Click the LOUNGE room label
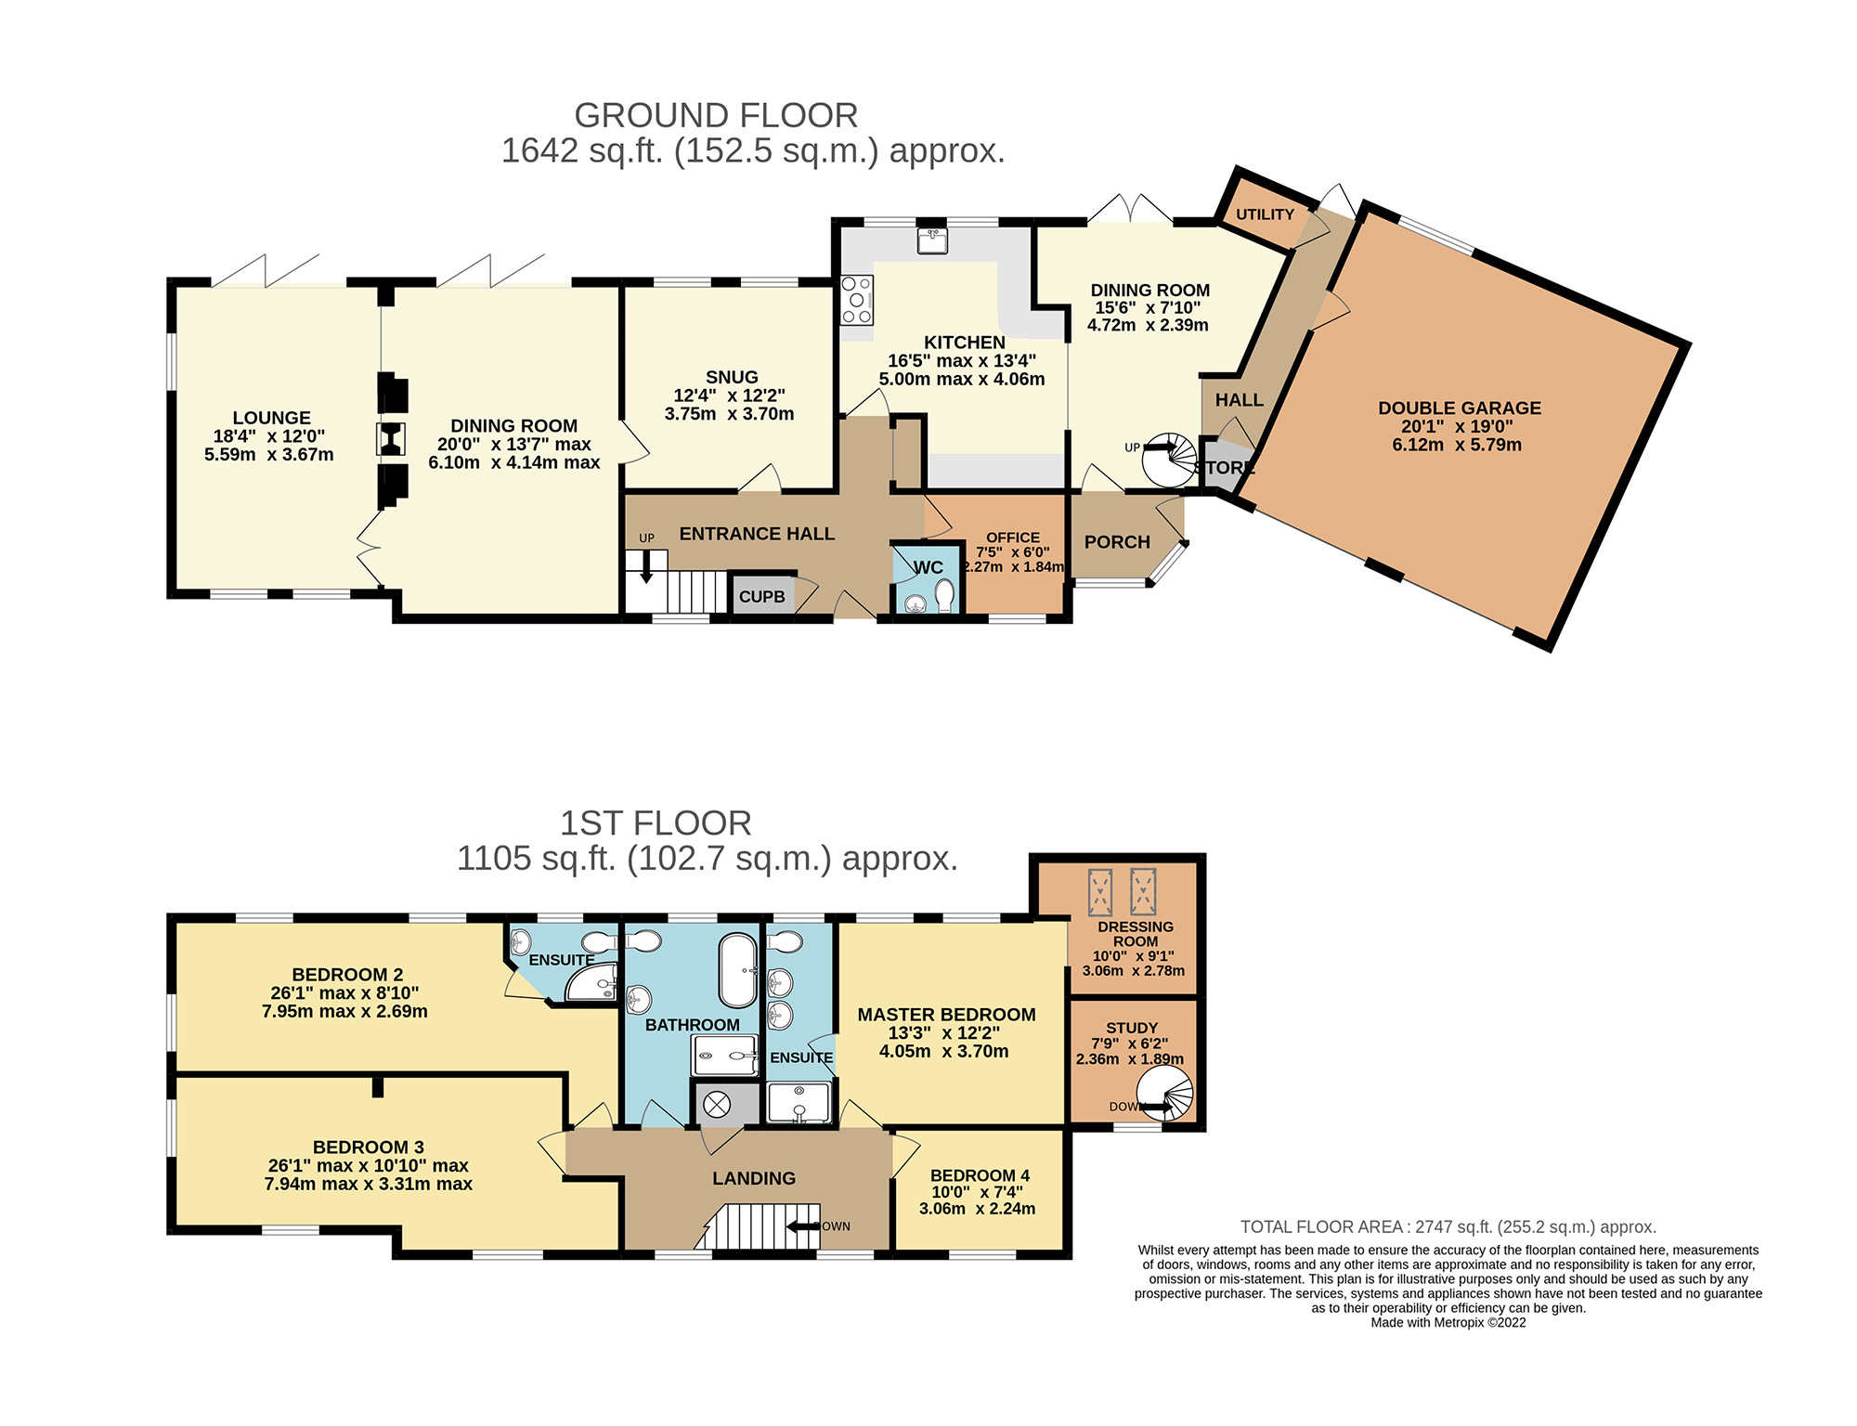tap(271, 418)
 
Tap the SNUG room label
tap(732, 377)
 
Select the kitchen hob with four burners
tap(857, 300)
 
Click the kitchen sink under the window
tap(932, 240)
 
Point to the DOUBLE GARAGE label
tap(1460, 408)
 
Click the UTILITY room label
tap(1265, 214)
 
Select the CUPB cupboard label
tap(762, 597)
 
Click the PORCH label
tap(1117, 542)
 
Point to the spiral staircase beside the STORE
tap(1169, 459)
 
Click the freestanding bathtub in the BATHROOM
tap(739, 970)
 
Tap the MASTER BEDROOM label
tap(946, 1015)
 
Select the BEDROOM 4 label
tap(980, 1175)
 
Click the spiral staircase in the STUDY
tap(1166, 1093)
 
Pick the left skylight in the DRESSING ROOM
tap(1100, 892)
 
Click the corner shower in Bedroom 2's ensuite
tap(591, 982)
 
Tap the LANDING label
tap(754, 1178)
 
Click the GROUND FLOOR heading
tap(716, 116)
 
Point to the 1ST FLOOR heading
tap(656, 823)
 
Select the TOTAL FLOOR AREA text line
tap(1448, 1226)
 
